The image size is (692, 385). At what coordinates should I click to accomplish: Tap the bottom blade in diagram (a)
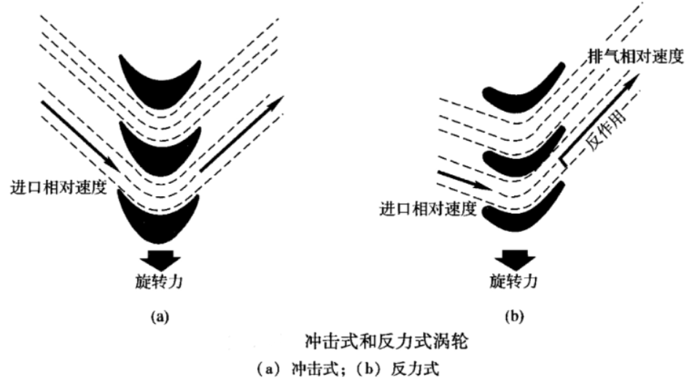159,219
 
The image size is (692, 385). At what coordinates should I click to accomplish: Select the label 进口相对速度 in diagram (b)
428,209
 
